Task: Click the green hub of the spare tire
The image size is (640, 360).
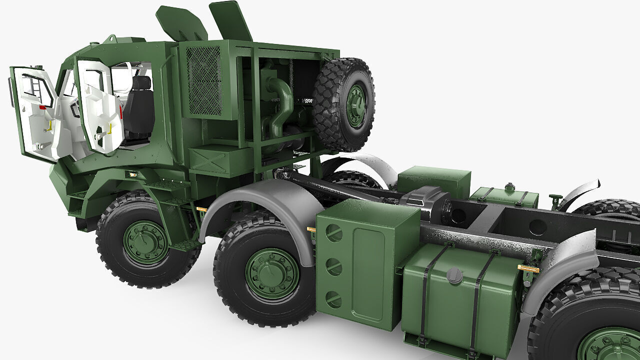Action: coord(355,105)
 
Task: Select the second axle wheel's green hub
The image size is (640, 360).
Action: coord(272,273)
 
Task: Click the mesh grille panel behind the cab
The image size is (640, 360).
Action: coord(204,80)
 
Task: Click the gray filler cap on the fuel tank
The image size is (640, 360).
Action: coord(454,275)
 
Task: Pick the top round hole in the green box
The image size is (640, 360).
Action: coord(334,233)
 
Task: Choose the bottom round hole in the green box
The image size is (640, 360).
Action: coord(333,299)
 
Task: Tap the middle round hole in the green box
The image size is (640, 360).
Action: coord(333,266)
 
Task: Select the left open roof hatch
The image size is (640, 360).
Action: coord(180,23)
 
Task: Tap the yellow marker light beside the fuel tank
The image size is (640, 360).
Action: coord(527,269)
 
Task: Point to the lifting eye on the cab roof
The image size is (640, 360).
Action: coord(110,38)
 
